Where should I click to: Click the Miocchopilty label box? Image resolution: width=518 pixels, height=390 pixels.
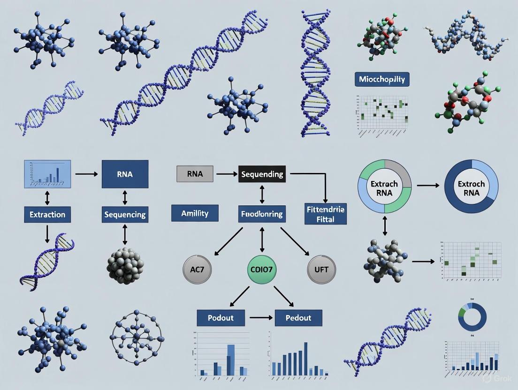click(382, 79)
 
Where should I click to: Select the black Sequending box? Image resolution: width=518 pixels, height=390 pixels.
click(262, 174)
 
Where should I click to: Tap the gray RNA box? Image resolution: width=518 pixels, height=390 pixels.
click(195, 174)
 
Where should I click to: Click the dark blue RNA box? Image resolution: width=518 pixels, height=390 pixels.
click(125, 174)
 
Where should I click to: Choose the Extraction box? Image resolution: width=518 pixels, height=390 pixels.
click(47, 215)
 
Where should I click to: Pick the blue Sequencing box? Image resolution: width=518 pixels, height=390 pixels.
click(125, 215)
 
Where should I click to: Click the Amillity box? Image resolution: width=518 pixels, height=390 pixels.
click(195, 213)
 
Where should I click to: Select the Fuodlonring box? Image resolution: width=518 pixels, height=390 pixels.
click(262, 214)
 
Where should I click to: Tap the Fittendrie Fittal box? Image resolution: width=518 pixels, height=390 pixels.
click(325, 214)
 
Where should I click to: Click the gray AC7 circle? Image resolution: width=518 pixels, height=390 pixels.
click(197, 270)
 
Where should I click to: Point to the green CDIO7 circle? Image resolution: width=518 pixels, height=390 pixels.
click(262, 270)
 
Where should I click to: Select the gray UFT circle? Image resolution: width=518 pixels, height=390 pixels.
click(322, 270)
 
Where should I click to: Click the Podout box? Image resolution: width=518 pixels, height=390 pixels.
click(221, 318)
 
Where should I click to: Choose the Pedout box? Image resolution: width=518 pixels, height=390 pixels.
click(298, 318)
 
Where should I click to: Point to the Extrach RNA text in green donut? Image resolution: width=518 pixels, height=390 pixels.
click(384, 188)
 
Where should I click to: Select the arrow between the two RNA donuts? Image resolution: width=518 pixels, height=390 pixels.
click(427, 186)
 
